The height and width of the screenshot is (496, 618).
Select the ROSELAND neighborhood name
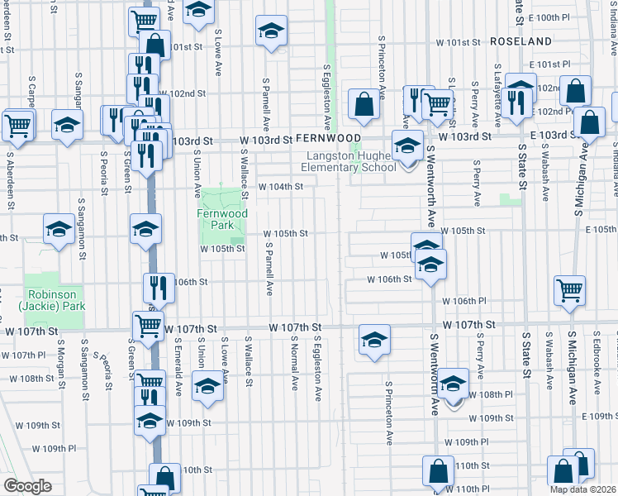(520, 41)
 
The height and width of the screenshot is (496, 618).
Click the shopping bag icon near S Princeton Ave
(363, 105)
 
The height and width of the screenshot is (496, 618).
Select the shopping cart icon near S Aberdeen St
(17, 126)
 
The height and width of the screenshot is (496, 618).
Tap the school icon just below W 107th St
(374, 339)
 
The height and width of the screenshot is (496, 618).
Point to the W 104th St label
(281, 187)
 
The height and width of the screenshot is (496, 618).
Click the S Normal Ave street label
(294, 365)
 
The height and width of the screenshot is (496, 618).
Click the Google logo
(27, 486)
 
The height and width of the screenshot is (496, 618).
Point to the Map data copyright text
(582, 489)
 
